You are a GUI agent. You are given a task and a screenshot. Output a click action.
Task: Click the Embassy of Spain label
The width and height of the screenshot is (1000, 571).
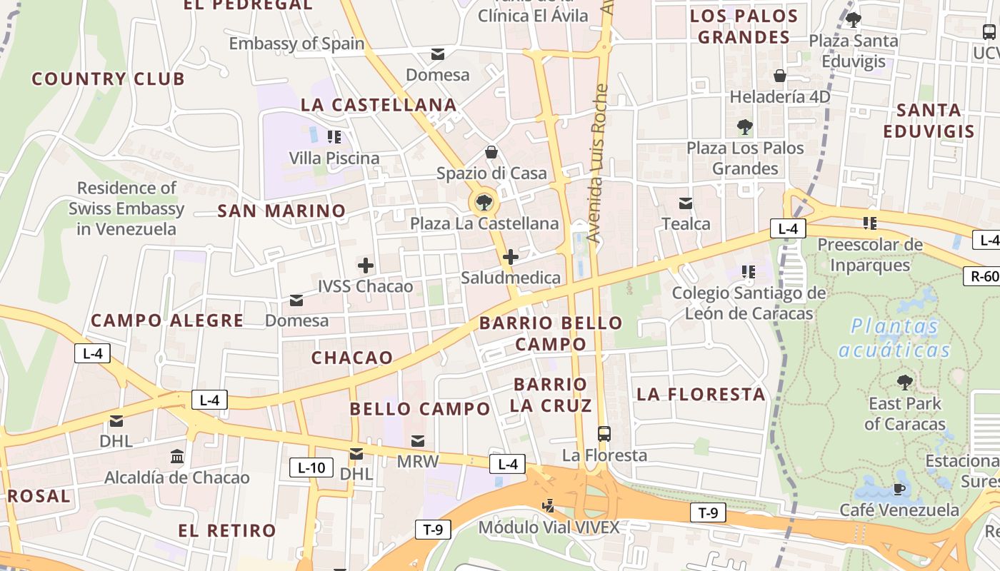[x=296, y=44]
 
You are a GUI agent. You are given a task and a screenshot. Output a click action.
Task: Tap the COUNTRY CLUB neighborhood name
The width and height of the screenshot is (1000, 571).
[x=108, y=79]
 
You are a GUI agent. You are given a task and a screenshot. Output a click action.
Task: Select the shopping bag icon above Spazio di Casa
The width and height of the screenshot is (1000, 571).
[x=491, y=152]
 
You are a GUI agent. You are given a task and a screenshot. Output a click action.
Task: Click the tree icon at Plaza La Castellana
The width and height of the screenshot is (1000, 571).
[x=484, y=202]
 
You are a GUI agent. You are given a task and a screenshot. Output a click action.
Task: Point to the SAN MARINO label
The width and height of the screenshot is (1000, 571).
[x=281, y=211]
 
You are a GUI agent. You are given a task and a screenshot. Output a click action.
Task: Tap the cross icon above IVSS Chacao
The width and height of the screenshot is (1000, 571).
[x=366, y=266]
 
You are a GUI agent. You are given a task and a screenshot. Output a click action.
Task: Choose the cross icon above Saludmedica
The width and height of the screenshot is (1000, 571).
[x=511, y=257]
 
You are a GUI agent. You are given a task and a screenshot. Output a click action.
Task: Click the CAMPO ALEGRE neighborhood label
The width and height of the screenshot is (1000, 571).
[x=167, y=320]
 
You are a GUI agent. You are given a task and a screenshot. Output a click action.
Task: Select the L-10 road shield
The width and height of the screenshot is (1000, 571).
[x=311, y=468]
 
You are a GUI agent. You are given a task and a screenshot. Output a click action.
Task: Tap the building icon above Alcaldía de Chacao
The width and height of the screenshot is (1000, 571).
[x=177, y=456]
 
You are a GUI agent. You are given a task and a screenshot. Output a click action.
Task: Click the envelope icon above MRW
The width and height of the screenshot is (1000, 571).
[x=418, y=440]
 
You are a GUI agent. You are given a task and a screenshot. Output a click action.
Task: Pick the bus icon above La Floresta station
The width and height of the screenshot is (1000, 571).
[x=604, y=433]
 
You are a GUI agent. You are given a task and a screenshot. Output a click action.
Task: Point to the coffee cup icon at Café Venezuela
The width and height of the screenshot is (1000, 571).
[x=899, y=489]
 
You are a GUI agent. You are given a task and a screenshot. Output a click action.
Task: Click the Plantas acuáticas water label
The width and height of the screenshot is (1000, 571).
[x=895, y=338]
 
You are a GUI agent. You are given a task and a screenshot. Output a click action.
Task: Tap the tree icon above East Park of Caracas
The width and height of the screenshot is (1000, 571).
[x=905, y=383]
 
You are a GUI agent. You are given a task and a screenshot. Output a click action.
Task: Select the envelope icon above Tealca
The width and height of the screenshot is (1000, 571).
[x=686, y=203]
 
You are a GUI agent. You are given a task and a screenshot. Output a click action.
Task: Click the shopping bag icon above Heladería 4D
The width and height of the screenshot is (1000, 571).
[x=780, y=76]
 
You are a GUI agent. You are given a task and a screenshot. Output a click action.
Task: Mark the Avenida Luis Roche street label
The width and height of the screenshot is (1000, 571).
[x=598, y=163]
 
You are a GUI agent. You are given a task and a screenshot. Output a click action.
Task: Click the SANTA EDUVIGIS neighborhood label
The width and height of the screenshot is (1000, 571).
[x=929, y=121]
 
